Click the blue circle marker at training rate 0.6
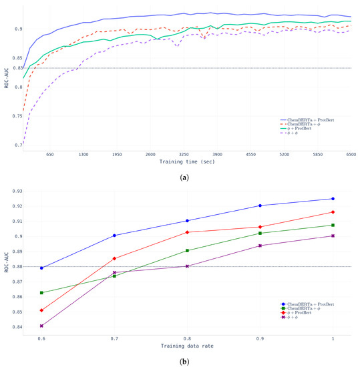(41, 268)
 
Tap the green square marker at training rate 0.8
(187, 251)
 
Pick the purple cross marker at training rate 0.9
(260, 246)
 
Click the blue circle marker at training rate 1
(333, 199)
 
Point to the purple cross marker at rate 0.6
(41, 326)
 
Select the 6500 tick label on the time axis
(350, 154)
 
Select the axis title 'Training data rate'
(187, 347)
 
